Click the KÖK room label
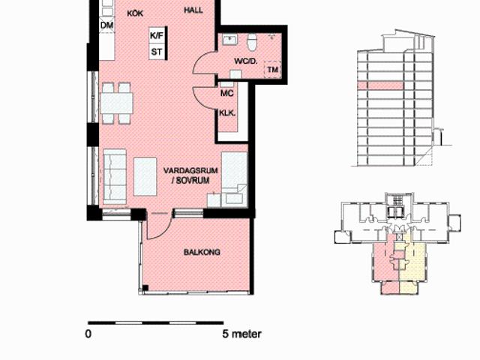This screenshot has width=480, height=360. point(135,13)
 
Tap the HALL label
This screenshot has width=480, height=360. point(193,10)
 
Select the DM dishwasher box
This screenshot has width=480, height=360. point(106,25)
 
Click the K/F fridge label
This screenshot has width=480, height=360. point(157,36)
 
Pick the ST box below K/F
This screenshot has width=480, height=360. point(157,52)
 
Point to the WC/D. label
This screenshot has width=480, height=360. point(246,61)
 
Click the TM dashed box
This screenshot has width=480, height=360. point(272,70)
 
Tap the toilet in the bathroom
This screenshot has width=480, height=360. point(252,42)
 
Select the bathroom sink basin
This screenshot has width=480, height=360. point(230,40)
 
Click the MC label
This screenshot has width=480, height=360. point(226,93)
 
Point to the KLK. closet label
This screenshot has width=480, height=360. point(227,113)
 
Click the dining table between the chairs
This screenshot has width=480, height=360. point(117,103)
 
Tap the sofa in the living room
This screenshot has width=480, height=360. point(115,176)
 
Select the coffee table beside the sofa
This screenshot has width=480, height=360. point(145,177)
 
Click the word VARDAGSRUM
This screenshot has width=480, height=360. point(190,171)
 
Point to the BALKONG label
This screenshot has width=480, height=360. point(202,252)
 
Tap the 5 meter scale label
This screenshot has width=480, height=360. point(241,334)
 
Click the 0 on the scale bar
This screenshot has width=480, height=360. point(88,334)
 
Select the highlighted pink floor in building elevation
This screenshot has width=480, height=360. point(380,85)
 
